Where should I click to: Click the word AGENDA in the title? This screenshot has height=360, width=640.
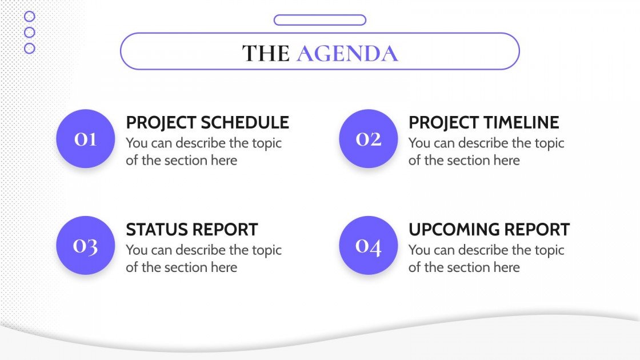tap(347, 53)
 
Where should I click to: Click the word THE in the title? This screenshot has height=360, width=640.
tap(266, 53)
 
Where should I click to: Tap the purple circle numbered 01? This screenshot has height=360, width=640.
tap(85, 139)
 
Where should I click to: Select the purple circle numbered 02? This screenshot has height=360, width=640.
tap(368, 139)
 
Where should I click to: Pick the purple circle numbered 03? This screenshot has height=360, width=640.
tap(85, 246)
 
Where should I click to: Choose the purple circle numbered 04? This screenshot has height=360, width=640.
tap(368, 246)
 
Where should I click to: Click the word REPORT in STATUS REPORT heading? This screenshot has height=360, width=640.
tap(225, 230)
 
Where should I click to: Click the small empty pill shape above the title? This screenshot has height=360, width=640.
tap(319, 20)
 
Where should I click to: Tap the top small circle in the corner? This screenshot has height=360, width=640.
tap(30, 17)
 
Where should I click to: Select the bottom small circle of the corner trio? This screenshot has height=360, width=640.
tap(30, 49)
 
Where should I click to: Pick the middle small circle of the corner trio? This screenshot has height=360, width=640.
tap(30, 33)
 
